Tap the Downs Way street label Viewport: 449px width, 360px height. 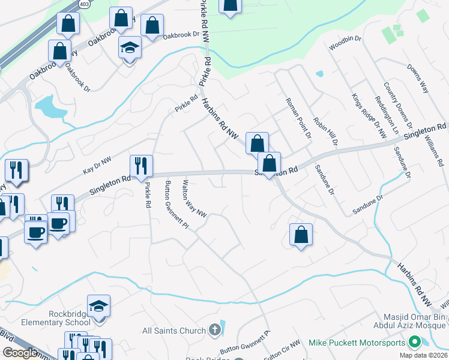pyautogui.click(x=418, y=79)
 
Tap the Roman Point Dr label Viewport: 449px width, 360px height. pyautogui.click(x=298, y=118)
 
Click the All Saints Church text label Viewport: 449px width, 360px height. pyautogui.click(x=174, y=330)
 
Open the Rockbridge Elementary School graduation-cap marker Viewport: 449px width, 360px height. pyautogui.click(x=98, y=305)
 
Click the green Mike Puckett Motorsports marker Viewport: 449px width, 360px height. pyautogui.click(x=414, y=343)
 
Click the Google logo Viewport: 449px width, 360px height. pyautogui.click(x=20, y=353)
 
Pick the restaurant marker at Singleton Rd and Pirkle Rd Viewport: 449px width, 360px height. pyautogui.click(x=141, y=166)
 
